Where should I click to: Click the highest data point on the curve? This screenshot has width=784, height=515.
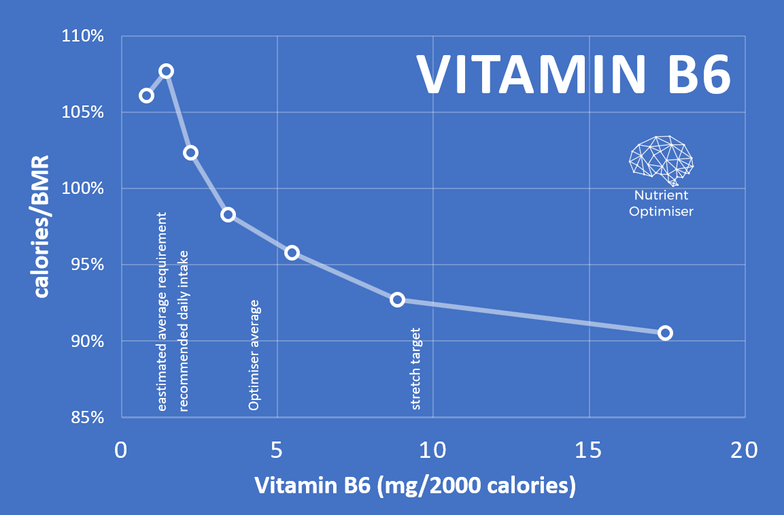point(166,71)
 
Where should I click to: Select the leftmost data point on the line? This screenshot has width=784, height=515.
point(146,95)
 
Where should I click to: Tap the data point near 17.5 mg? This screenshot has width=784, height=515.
point(665,333)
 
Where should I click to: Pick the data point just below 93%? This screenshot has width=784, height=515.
point(397,299)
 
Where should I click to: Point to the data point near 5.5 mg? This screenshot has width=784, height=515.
point(292,252)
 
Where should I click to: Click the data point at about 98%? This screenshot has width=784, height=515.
point(228,214)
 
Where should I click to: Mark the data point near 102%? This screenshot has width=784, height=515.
point(190,152)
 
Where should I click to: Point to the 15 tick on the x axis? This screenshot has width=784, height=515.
point(588,450)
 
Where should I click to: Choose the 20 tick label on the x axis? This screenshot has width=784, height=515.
point(745,450)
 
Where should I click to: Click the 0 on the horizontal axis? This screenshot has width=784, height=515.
point(121,450)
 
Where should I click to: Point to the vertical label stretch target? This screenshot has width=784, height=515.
point(416,369)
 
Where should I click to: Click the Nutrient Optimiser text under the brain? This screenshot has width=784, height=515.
point(661,203)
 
